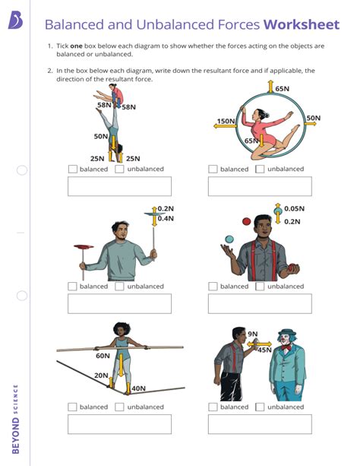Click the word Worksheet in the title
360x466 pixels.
[x=302, y=24]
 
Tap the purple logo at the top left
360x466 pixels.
[x=15, y=21]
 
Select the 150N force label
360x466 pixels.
[x=226, y=121]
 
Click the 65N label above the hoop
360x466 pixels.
[x=283, y=89]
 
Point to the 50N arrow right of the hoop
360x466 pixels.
[x=311, y=123]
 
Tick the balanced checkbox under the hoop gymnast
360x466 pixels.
[x=213, y=169]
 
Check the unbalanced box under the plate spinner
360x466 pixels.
[x=119, y=286]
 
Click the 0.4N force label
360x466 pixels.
[x=166, y=218]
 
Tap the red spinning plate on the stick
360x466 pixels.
[x=84, y=246]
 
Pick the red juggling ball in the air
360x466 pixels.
[x=247, y=221]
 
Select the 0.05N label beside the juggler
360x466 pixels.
[x=295, y=208]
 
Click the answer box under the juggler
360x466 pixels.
[x=260, y=303]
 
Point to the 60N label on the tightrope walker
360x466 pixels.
[x=103, y=356]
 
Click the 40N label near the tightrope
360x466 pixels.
[x=139, y=388]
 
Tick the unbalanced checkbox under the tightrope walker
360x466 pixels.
[x=119, y=407]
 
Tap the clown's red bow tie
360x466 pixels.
[x=286, y=347]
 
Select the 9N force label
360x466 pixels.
[x=253, y=334]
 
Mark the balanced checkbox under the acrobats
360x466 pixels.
[x=72, y=169]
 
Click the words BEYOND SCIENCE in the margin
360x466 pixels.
[x=15, y=419]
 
